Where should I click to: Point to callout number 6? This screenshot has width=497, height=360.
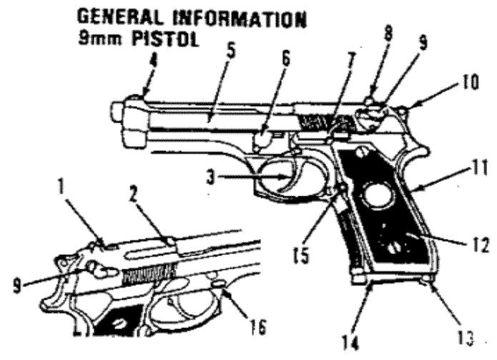[285, 62]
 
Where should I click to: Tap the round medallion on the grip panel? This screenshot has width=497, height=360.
[378, 197]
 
